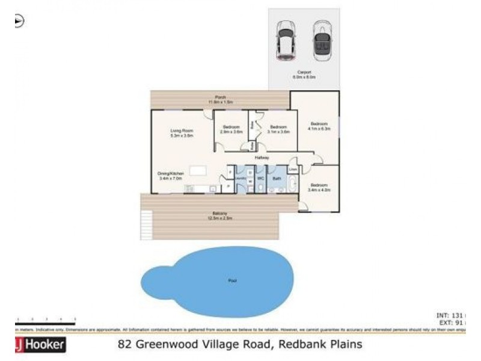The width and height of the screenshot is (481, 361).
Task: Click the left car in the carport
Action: tap(284, 41)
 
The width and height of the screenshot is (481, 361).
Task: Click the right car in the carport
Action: tap(322, 41)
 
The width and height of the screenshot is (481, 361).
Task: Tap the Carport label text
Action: tap(304, 75)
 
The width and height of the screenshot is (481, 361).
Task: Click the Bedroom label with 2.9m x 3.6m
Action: tap(231, 129)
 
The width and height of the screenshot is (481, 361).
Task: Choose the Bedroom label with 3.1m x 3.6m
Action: tap(278, 129)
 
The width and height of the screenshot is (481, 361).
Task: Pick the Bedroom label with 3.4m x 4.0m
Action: tap(319, 187)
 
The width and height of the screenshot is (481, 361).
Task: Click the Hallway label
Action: tap(261, 158)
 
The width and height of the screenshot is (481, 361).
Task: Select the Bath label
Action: tap(277, 179)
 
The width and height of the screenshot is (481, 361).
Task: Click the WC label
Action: tap(261, 179)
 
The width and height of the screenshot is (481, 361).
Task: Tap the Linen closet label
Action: tap(293, 170)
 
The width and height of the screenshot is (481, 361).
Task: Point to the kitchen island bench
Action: tap(198, 170)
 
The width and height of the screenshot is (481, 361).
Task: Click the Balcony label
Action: tap(219, 214)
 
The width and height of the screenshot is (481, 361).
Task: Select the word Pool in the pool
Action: tap(232, 280)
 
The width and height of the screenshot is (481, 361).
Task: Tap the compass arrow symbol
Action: tap(19, 21)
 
